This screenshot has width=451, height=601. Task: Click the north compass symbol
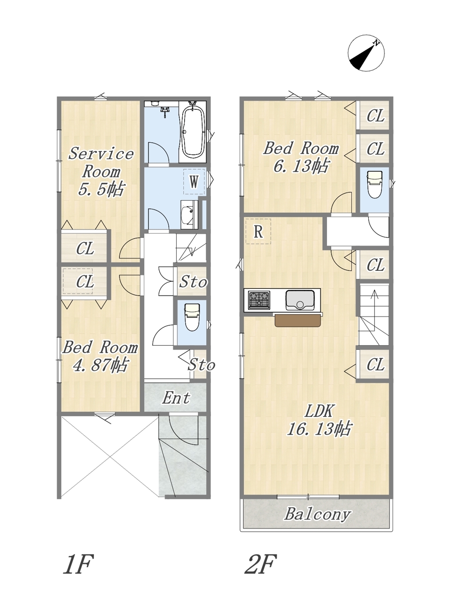tap(366, 54)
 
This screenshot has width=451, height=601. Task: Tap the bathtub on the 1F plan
tap(194, 132)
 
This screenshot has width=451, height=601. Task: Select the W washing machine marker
tap(194, 182)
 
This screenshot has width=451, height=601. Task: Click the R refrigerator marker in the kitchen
tap(258, 231)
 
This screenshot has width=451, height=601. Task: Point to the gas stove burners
tap(259, 300)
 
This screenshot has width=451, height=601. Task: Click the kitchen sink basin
tap(300, 300)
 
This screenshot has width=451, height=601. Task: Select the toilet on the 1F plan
tap(192, 317)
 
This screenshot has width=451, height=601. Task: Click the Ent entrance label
tap(176, 398)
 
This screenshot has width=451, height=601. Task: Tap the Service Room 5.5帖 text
tap(101, 171)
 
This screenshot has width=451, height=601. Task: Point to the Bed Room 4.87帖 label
tap(100, 356)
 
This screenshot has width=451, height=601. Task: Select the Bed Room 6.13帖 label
tap(301, 157)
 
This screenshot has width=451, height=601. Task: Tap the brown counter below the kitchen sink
tap(298, 320)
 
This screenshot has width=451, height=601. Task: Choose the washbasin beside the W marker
tap(189, 215)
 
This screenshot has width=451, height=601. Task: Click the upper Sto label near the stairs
tap(193, 282)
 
